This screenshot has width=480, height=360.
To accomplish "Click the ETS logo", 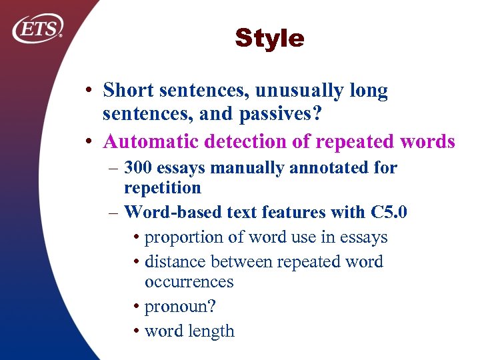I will tap(38, 28).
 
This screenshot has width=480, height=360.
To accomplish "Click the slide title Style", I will tap(269, 38).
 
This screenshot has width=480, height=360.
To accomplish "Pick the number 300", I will tap(137, 167).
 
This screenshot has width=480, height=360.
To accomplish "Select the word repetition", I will tap(162, 188).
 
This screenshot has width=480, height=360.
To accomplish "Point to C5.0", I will tap(389, 212).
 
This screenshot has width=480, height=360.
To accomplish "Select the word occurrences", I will tap(189, 281).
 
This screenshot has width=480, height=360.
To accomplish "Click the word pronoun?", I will tap(179, 306).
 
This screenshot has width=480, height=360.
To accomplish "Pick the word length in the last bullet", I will tap(212, 331).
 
